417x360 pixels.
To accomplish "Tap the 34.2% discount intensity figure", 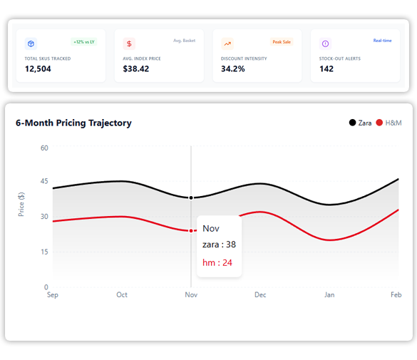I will pos(232,69).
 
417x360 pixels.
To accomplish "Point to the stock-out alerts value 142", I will pos(326,69).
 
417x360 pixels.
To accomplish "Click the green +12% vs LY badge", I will pos(83,41).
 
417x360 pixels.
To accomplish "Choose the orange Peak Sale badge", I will pos(282,41).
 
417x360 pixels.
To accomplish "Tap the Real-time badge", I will pos(382,41).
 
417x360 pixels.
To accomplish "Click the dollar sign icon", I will pos(129,43).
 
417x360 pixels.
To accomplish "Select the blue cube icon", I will pos(31,43).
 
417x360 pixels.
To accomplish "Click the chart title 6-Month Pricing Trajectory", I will pos(73,123).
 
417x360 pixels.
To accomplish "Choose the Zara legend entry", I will pos(361,123).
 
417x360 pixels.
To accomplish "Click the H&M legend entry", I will pos(388,123).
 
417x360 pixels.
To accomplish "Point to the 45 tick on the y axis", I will pos(43,182).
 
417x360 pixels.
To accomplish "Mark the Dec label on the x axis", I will pos(260,294).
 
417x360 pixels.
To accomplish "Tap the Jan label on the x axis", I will pos(329,294).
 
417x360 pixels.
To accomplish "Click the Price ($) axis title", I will pos(21,204).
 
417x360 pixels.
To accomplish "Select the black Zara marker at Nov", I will pos(191,197).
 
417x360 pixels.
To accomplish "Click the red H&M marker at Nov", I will pos(191,230).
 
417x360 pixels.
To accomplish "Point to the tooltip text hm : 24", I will pos(217,262).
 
